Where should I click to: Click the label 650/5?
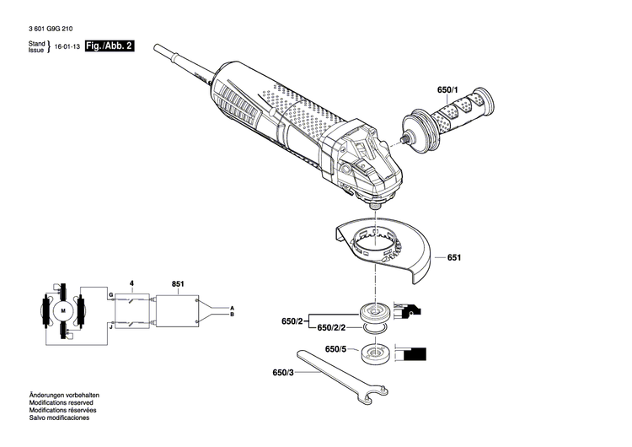[335, 349]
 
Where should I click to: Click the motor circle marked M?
[63, 311]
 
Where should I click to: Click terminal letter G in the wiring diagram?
[110, 294]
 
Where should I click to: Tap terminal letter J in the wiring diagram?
[110, 325]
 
